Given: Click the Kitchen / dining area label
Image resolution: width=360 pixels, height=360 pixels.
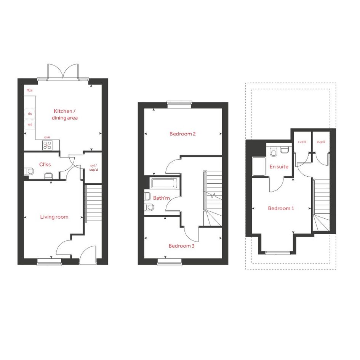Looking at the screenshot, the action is coord(64,114).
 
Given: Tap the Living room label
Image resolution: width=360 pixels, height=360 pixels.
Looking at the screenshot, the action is coord(54,217).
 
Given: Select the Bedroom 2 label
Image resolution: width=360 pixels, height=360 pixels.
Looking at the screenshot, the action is coord(182,134).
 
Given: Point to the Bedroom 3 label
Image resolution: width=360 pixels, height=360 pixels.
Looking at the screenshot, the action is coord(181,246).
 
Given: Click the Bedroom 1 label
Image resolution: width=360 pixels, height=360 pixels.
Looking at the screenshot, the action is coord(281,208).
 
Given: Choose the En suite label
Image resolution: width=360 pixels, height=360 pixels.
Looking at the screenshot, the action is coord(279,166).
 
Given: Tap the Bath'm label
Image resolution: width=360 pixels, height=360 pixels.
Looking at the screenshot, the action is coord(162,198).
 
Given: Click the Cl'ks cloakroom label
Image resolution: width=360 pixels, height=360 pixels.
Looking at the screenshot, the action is coord(45,165).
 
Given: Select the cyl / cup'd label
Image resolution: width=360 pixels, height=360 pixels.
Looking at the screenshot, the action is coord(93,168).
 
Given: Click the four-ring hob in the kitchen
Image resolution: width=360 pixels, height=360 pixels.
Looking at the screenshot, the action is coord(48,145).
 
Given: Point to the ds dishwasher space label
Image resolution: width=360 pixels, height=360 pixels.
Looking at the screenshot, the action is coord(30,114).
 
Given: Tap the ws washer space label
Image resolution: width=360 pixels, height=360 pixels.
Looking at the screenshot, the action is coord(30,125).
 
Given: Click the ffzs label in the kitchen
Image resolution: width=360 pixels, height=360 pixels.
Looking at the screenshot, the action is coord(30,90).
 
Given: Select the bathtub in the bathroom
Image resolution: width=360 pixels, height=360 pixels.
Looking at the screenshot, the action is coord(163,183).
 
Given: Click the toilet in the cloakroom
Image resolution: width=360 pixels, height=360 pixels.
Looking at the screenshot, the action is coord(29,171).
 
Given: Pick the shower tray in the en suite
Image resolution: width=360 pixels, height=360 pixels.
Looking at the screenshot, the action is coord(259,166).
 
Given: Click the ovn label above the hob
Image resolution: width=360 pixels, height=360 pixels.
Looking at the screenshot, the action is coord(47,137).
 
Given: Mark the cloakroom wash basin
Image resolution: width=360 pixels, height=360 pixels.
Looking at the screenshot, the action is coord(48,176).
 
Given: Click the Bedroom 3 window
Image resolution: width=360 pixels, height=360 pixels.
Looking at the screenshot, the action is coord(170,262).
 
